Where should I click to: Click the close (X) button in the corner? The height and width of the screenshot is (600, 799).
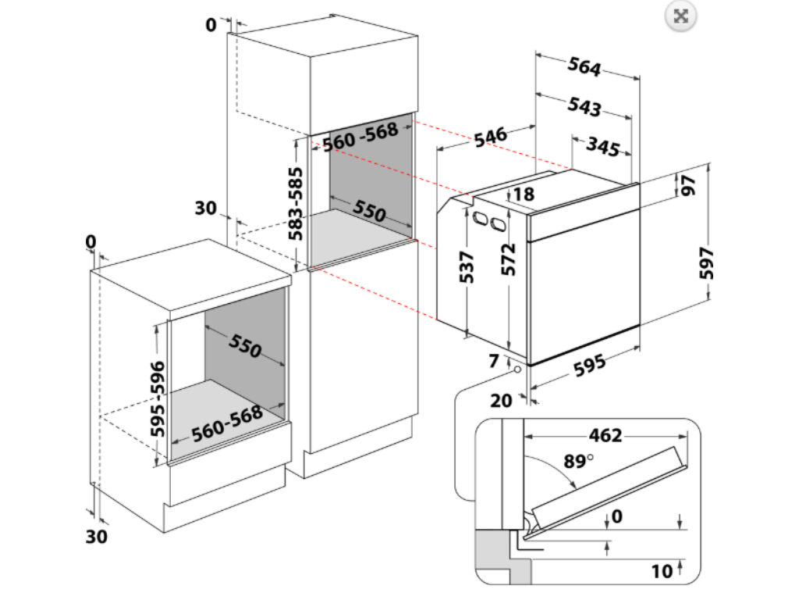point(680,16)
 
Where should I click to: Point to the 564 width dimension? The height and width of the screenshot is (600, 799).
point(584,68)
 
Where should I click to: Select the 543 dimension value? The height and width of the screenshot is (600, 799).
point(584,106)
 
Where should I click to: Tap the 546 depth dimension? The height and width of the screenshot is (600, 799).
point(489,135)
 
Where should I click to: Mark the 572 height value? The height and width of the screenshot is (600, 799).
point(509,259)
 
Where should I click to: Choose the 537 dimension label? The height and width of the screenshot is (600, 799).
point(467,269)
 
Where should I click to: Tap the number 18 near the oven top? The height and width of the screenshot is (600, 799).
point(524,194)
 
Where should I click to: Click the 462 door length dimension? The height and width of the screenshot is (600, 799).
point(605,435)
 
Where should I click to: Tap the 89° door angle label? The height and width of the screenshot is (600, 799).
point(579,461)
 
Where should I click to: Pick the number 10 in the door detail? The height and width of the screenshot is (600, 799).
point(662,571)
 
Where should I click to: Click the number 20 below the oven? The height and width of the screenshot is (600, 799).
point(502,400)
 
